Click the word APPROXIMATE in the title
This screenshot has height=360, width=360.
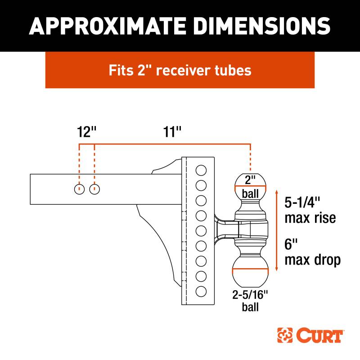click(107, 26)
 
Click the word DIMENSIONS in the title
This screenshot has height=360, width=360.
click(263, 26)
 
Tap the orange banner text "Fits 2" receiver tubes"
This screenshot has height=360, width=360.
click(180, 70)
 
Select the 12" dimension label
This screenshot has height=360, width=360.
click(86, 132)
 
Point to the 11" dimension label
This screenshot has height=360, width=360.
click(172, 132)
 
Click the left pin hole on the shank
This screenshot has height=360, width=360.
click(80, 189)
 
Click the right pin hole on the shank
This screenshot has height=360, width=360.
click(94, 189)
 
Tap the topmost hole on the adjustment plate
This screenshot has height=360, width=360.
click(201, 171)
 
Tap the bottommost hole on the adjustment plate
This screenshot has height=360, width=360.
click(201, 291)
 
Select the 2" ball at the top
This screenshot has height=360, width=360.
click(250, 185)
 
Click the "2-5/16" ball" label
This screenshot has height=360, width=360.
click(250, 301)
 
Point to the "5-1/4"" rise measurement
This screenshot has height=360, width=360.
click(302, 202)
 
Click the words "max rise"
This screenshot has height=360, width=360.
click(310, 218)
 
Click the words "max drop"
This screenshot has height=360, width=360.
click(312, 261)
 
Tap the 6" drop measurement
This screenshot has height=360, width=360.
click(291, 244)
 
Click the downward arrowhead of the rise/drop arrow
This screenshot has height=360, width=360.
click(277, 269)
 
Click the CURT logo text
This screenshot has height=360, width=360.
click(319, 335)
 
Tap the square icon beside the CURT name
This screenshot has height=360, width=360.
click(285, 335)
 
